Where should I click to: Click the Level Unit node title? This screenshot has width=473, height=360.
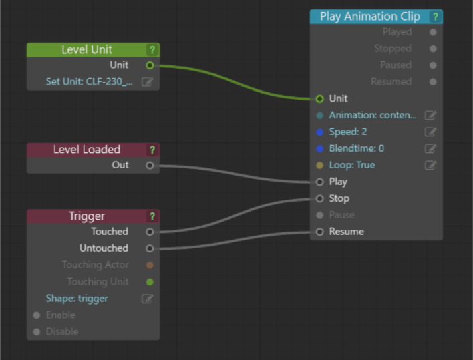[86, 49]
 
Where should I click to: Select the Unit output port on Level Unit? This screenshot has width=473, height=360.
[150, 65]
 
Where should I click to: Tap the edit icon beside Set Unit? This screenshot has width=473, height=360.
[147, 82]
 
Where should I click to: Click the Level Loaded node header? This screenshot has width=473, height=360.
[86, 149]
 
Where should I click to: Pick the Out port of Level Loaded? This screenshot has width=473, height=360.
[150, 165]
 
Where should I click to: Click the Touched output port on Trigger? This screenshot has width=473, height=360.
[150, 232]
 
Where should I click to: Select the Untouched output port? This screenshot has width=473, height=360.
[150, 248]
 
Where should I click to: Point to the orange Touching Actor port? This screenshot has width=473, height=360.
[150, 265]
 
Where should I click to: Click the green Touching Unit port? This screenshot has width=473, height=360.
[150, 282]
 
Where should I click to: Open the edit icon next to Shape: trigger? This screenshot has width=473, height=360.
[147, 299]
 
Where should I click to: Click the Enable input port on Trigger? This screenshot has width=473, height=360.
[37, 315]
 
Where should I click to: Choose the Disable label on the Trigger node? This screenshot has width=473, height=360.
[62, 332]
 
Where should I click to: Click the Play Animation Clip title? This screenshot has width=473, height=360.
[369, 17]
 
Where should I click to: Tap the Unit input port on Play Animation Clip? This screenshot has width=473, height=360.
[319, 98]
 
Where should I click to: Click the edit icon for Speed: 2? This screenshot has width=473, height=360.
[430, 132]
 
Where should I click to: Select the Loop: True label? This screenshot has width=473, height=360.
[352, 165]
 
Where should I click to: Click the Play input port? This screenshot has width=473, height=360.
[319, 182]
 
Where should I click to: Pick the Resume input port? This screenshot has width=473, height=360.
[319, 232]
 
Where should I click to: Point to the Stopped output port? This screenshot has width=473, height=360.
[433, 49]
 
